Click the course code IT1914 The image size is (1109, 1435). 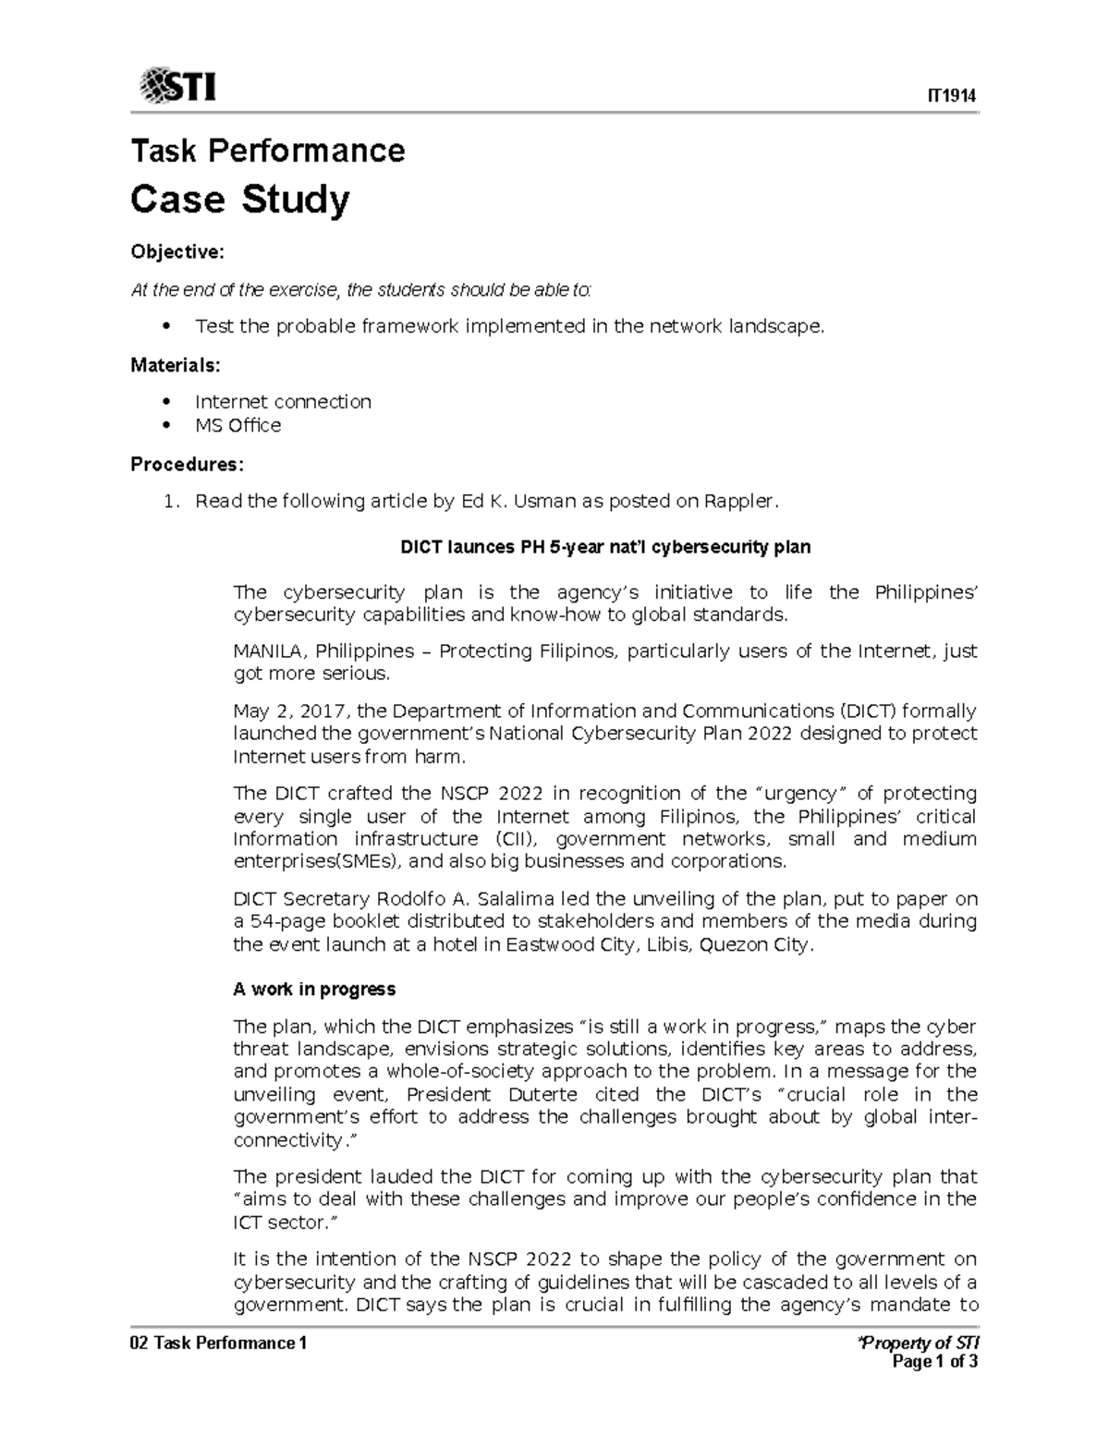(x=953, y=97)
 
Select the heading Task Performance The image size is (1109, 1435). (x=268, y=150)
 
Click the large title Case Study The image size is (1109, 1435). (x=240, y=199)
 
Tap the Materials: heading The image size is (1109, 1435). (x=176, y=365)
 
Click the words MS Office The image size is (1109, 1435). (x=238, y=425)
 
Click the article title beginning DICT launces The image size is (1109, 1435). (x=604, y=546)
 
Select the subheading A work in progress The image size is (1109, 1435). (x=314, y=989)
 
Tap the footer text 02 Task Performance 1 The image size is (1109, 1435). (x=218, y=1343)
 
